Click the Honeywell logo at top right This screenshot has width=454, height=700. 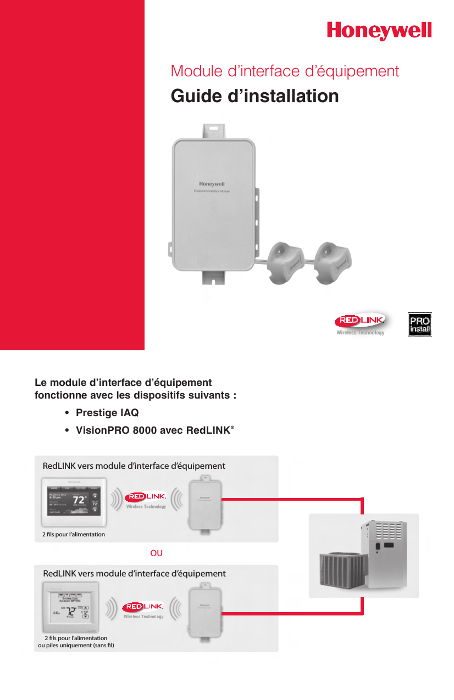point(379,30)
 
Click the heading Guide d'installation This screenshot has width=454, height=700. point(254,96)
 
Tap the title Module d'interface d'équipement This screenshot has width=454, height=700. point(285,71)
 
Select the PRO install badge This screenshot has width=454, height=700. point(419,324)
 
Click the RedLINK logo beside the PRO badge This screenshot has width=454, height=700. point(361,322)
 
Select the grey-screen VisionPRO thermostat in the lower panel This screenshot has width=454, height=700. point(69,608)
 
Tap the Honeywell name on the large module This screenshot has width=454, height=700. point(212,184)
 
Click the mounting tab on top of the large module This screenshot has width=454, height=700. point(212,131)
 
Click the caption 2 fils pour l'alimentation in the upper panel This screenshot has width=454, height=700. point(74,534)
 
